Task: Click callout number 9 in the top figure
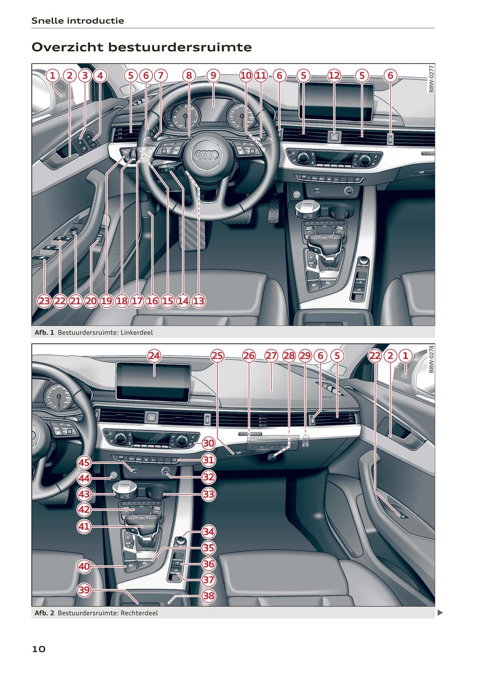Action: point(213,76)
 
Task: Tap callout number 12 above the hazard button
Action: point(334,76)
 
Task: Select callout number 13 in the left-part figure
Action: point(199,301)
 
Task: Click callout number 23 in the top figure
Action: point(44,301)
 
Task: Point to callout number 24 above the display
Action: point(154,356)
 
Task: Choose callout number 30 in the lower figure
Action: point(209,443)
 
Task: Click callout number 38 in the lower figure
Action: point(209,596)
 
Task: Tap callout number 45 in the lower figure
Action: point(84,462)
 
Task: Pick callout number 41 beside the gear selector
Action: point(84,526)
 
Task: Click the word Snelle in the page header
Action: point(48,21)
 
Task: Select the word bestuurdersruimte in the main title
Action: point(180,47)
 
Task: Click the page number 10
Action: point(39,649)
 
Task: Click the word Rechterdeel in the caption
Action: point(139,613)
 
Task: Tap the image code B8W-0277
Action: point(431,79)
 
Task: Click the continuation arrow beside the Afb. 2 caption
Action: point(440,613)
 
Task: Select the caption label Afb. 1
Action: point(44,332)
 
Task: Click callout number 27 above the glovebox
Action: point(271,356)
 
